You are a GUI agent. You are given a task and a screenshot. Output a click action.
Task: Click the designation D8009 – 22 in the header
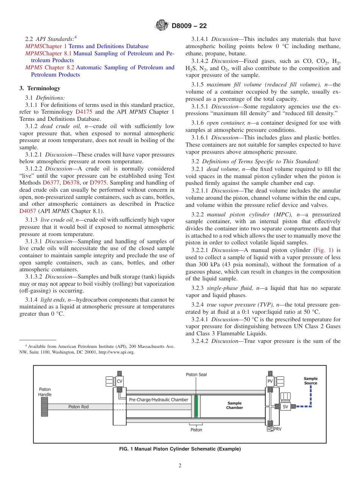pos(189,26)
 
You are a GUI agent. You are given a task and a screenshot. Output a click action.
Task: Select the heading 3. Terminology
pos(40,88)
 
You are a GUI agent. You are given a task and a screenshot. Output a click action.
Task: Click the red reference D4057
pos(27,211)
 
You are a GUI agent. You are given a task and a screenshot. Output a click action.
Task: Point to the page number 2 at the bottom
pos(180,466)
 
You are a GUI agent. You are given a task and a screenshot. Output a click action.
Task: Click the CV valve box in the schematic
pos(119,381)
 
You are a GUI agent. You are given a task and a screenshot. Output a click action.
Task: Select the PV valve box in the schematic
pos(270,381)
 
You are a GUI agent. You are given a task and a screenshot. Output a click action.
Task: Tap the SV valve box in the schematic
pos(285,407)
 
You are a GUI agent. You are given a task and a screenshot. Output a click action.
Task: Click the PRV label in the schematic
pos(277,429)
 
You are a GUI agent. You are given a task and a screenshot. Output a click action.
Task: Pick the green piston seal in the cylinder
pos(196,407)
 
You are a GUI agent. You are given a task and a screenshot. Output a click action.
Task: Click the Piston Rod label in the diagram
pos(78,407)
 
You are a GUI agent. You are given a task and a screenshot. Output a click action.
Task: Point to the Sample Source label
pos(311,380)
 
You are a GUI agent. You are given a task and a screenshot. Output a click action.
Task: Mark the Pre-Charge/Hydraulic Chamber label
pos(158,400)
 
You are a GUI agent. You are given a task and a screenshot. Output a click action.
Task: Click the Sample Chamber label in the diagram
pos(235,405)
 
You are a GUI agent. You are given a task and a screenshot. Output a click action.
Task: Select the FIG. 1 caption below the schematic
pos(180,449)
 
